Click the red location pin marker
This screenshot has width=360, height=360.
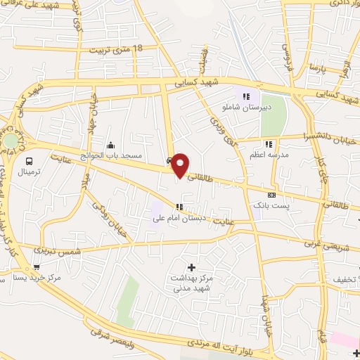[180, 165]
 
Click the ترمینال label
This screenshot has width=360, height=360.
[29, 171]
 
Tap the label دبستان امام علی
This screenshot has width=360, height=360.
[179, 218]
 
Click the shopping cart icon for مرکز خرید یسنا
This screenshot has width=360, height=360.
[36, 266]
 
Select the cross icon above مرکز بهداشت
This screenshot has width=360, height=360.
[191, 266]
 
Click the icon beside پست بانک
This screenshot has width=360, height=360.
[271, 194]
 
